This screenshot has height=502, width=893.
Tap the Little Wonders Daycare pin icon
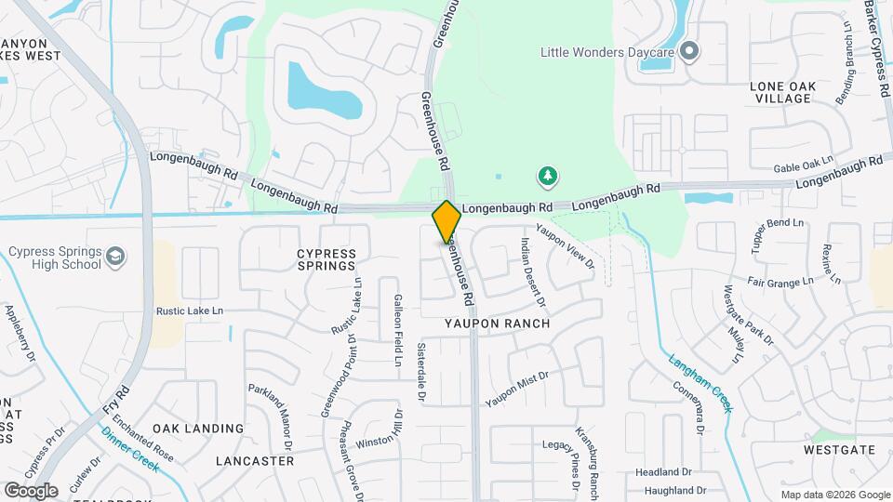689,51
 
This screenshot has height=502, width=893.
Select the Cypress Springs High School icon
114,257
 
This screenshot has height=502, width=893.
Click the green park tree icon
548,175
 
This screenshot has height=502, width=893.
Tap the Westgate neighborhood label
841,450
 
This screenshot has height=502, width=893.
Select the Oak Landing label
198,429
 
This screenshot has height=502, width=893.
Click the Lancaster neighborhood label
254,460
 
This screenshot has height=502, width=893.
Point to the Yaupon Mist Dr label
518,390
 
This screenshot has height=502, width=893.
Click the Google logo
32,490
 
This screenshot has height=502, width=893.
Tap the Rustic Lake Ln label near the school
191,310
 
